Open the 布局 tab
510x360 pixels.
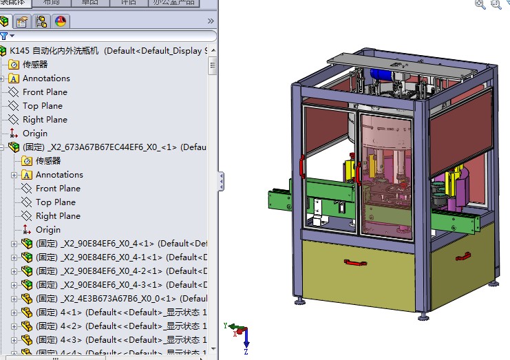(51, 3)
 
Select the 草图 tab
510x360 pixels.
(89, 3)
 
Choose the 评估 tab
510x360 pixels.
(128, 3)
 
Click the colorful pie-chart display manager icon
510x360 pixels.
(60, 21)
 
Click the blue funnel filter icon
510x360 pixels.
(5, 36)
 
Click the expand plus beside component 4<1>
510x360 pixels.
(14, 313)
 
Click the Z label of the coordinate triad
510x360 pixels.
(246, 351)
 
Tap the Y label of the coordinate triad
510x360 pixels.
(226, 325)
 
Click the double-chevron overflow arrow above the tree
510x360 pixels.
(211, 21)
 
